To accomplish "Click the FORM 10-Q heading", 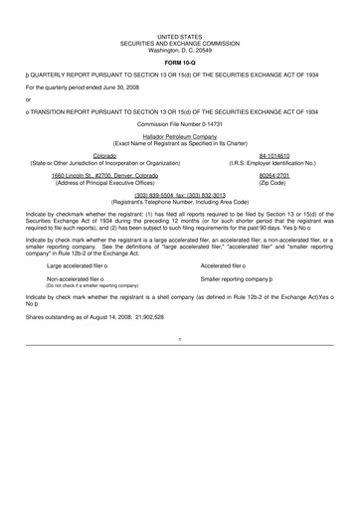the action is pos(179,62).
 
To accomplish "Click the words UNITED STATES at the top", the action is pos(180,34).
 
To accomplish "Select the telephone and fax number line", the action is pos(180,196).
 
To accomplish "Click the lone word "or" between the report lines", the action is pos(29,98).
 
